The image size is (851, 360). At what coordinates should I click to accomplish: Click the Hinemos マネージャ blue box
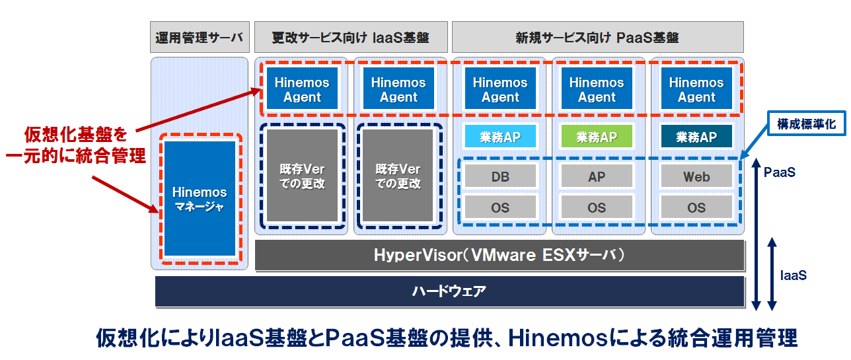coord(200,199)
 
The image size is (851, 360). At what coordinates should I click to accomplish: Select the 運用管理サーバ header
coord(200,37)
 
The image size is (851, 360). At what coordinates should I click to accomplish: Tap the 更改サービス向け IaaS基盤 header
coord(351,37)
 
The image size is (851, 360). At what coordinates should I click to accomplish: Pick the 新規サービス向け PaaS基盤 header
coord(597,37)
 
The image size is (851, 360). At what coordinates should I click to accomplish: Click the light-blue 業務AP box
coord(500,136)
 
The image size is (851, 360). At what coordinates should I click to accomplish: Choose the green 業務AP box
coord(597,136)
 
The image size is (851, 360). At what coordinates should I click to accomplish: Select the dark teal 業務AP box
coord(696,136)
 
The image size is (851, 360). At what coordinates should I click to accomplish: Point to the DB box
coord(500,176)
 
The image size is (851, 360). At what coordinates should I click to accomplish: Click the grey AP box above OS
coord(597,176)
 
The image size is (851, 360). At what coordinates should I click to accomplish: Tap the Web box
coord(696,176)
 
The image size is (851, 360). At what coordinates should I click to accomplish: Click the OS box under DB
coord(500,207)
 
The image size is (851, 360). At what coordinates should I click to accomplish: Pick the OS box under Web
coord(696,207)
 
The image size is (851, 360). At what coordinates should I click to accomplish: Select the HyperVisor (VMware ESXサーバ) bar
coord(499,255)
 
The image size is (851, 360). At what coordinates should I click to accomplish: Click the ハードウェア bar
coord(449,291)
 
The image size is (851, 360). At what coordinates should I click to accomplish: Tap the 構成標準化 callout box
coord(807,124)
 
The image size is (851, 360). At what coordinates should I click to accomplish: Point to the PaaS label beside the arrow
coord(780,172)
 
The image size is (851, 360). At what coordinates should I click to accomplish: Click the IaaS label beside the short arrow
coord(794,275)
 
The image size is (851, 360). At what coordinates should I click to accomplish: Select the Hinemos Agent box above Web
coord(696,89)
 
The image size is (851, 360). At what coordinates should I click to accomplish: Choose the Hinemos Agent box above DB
coord(500,89)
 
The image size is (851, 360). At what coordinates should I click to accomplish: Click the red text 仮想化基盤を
coord(76,135)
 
